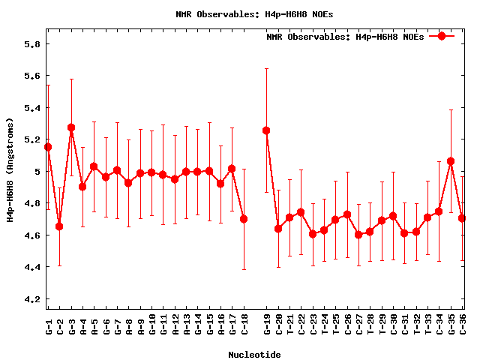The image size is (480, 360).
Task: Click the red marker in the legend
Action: click(442, 36)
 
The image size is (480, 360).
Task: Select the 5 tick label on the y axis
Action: click(37, 172)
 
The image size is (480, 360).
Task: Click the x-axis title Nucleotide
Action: click(254, 355)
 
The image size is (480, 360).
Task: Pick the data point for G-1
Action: click(48, 147)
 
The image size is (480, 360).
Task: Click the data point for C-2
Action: click(59, 226)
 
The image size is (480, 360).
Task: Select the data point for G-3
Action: click(71, 127)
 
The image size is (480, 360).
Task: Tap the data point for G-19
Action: click(266, 130)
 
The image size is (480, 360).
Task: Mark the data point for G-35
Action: click(451, 161)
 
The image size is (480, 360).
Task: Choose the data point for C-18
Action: click(244, 219)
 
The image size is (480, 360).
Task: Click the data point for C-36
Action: click(462, 218)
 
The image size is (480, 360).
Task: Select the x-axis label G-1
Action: click(49, 327)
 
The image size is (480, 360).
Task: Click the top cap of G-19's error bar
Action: click(266, 68)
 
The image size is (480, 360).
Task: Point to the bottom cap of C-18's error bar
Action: click(244, 269)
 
